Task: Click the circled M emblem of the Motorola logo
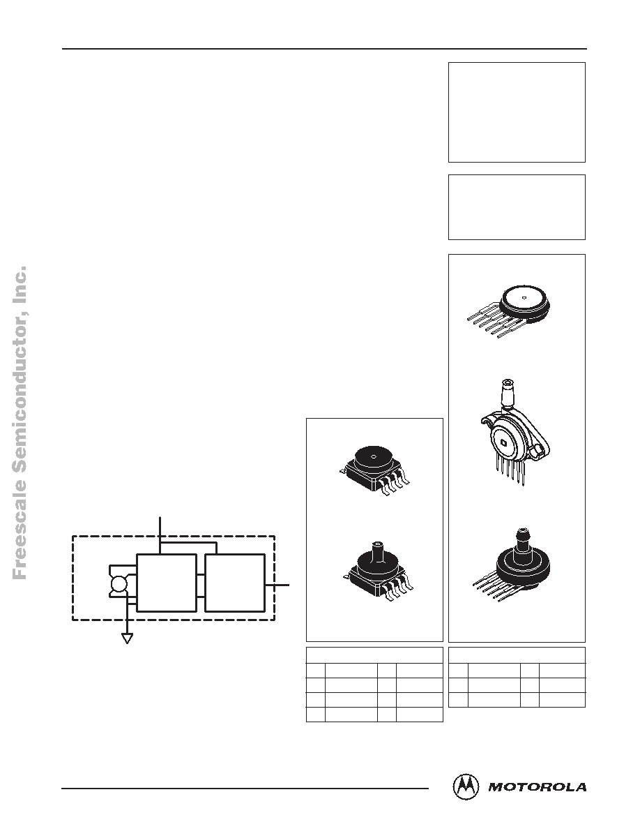click(x=466, y=787)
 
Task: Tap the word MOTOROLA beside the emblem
click(x=538, y=787)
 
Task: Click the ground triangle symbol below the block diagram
click(x=127, y=638)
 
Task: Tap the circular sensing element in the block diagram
click(x=118, y=583)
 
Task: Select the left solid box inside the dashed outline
click(x=167, y=583)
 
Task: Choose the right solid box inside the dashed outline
click(x=234, y=583)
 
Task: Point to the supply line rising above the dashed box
click(x=160, y=533)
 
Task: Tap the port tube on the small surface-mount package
click(x=378, y=551)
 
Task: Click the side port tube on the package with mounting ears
click(x=508, y=394)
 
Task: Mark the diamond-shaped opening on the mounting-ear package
click(x=504, y=442)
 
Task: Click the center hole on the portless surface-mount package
click(x=374, y=456)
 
